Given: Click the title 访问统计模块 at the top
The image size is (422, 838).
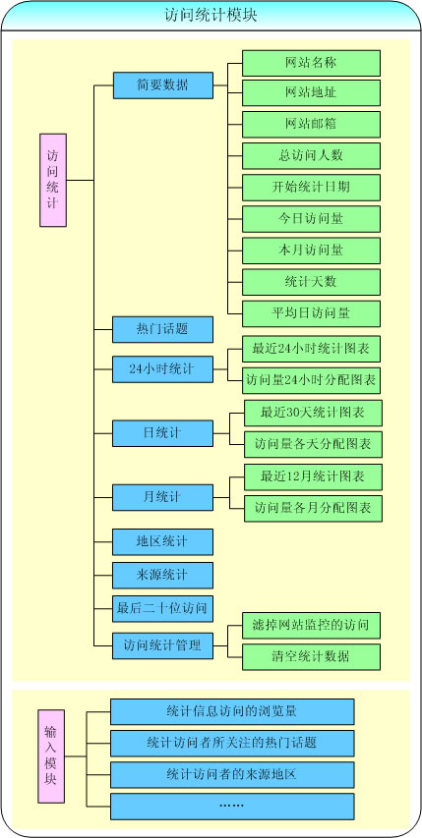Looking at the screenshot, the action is (x=211, y=16).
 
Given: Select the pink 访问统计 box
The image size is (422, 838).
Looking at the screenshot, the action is (x=53, y=180).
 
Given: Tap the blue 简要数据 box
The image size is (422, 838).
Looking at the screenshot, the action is (x=163, y=85).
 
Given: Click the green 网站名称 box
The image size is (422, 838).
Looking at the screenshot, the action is (x=311, y=63).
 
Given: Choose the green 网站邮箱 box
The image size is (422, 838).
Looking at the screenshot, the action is (x=311, y=125).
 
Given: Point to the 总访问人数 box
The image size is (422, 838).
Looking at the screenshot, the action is (x=311, y=156).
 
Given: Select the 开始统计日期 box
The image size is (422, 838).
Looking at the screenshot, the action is (x=311, y=188).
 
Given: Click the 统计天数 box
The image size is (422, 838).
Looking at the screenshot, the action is (x=311, y=282).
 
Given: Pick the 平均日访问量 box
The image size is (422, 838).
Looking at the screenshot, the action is (x=311, y=313).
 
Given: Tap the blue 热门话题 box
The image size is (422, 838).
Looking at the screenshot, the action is (x=162, y=330).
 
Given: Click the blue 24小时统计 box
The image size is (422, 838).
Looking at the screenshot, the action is (x=162, y=369).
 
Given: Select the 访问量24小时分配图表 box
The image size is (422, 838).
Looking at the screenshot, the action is (x=311, y=381).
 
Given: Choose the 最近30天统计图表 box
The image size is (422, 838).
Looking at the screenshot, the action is (x=313, y=414).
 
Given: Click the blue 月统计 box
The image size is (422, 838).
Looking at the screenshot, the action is (x=162, y=497).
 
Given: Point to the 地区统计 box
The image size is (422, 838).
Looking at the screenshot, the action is (x=162, y=542).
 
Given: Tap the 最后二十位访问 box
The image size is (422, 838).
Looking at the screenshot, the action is (x=162, y=609).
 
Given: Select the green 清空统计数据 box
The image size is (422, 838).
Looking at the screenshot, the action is (x=311, y=657).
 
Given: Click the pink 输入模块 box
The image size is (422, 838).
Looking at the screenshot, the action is (x=51, y=756).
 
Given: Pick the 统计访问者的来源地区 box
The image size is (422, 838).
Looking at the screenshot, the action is (x=232, y=775).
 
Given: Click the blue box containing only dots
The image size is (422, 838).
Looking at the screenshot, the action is (x=232, y=807).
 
